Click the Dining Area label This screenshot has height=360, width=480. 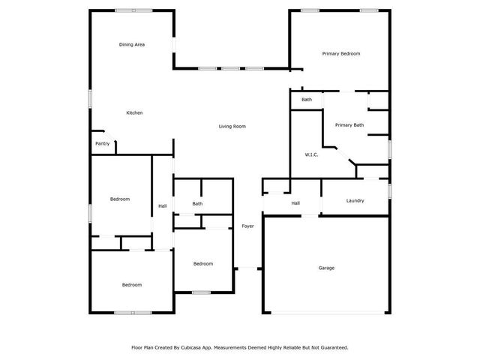(132, 45)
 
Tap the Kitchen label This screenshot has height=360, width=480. (134, 113)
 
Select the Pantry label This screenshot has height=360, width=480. (103, 144)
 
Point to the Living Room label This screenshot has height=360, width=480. (232, 127)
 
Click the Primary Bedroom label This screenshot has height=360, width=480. (341, 54)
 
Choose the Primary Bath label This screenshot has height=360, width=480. (349, 125)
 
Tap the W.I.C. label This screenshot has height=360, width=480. (312, 155)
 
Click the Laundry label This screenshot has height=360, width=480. (355, 201)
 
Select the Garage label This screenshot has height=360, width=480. (326, 268)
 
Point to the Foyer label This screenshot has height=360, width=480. (247, 226)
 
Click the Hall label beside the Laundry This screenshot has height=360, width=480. (295, 203)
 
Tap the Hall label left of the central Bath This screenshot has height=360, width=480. (163, 206)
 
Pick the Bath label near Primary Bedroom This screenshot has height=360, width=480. (307, 100)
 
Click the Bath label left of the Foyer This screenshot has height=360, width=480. (197, 204)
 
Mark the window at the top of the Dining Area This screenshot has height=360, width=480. (132, 10)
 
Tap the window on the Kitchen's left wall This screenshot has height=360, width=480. (91, 98)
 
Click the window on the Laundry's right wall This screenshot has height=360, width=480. (390, 191)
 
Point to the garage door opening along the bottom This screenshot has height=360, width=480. (326, 313)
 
